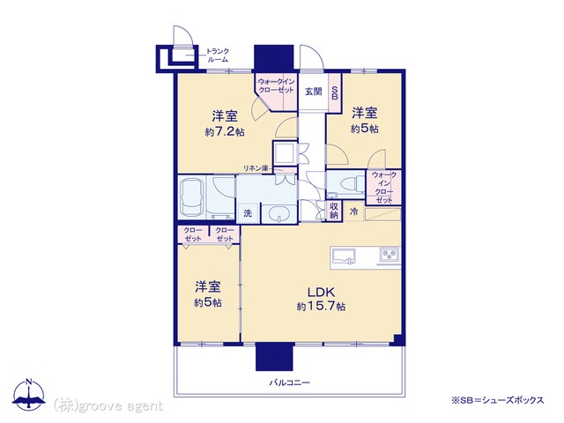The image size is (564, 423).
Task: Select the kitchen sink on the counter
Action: tap(343, 256)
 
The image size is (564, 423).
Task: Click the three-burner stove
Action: tap(390, 256)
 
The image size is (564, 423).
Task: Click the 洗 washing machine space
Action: tap(248, 213)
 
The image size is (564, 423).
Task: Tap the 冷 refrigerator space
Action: tap(354, 211)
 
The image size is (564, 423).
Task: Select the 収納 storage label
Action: tap(334, 211)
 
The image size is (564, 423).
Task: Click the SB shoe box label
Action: tap(335, 92)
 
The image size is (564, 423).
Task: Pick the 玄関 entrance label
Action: tap(314, 92)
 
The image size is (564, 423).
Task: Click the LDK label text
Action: tap(321, 292)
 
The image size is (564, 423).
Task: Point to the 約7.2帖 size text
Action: tap(225, 132)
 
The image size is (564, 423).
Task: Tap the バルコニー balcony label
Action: tap(290, 382)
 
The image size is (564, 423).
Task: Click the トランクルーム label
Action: tap(218, 56)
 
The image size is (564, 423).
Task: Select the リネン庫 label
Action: tap(256, 168)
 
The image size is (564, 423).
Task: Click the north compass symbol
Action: tap(29, 394)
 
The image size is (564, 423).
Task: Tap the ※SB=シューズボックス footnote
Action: tap(498, 400)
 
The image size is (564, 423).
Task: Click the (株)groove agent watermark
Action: tap(108, 405)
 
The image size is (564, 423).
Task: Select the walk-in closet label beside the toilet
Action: tap(384, 188)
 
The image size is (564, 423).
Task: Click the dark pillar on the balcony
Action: tap(274, 356)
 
